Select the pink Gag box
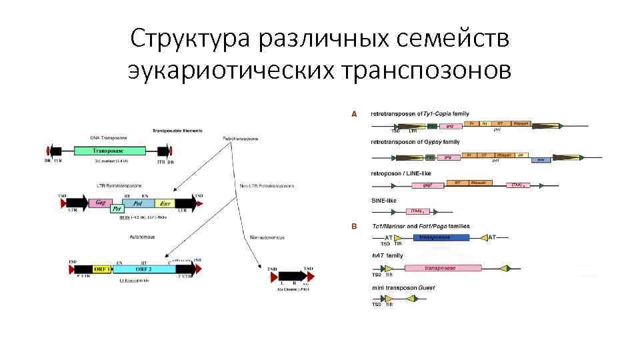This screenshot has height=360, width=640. pyautogui.click(x=102, y=202)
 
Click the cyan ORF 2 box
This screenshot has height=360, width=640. pyautogui.click(x=144, y=269)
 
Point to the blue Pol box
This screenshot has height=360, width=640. pyautogui.click(x=137, y=202)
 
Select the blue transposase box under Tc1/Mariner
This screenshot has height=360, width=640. pyautogui.click(x=441, y=237)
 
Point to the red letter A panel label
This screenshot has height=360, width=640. pyautogui.click(x=354, y=113)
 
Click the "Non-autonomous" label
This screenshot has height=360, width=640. pyautogui.click(x=265, y=237)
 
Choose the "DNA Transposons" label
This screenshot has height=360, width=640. pyautogui.click(x=107, y=137)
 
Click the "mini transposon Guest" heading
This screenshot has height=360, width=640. pyautogui.click(x=403, y=287)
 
